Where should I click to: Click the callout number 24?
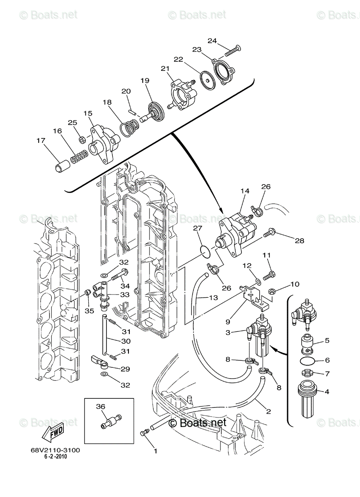pyautogui.click(x=212, y=41)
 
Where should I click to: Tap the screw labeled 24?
pyautogui.click(x=233, y=52)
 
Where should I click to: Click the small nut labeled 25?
pyautogui.click(x=82, y=139)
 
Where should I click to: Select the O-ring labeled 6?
pyautogui.click(x=307, y=362)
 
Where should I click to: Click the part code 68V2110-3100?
pyautogui.click(x=55, y=450)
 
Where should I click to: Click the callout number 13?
pyautogui.click(x=213, y=297)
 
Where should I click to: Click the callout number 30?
pyautogui.click(x=126, y=341)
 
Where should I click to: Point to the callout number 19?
pyautogui.click(x=145, y=81)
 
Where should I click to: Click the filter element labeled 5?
pyautogui.click(x=307, y=343)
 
